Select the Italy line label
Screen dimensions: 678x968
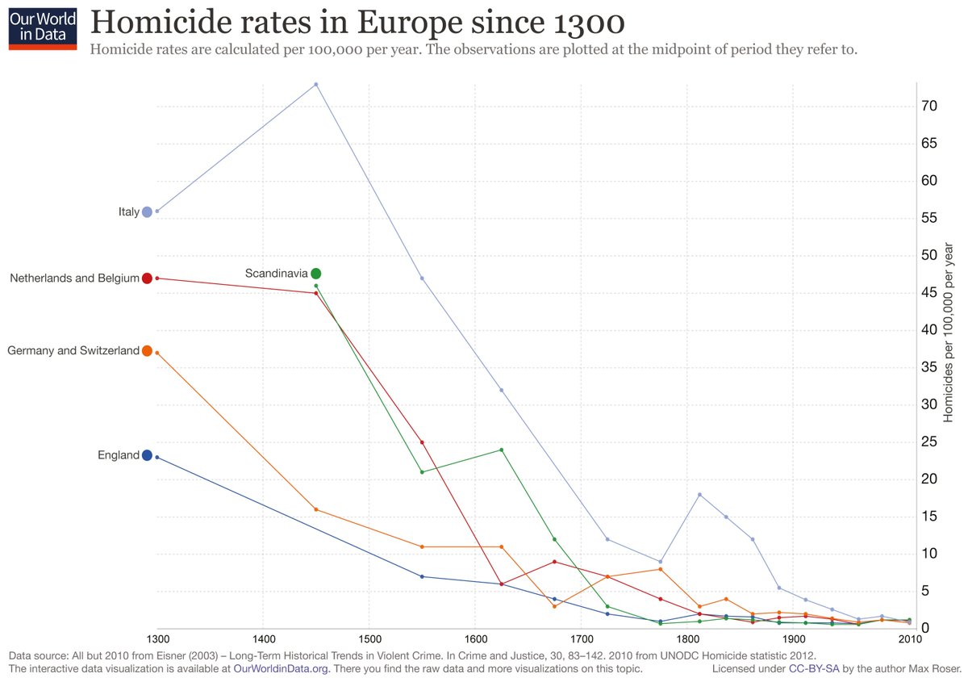tap(128, 212)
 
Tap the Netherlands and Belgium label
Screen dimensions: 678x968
tap(74, 278)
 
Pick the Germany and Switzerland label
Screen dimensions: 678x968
tap(73, 351)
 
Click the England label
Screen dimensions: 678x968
tap(119, 455)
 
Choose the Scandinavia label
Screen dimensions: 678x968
tap(276, 274)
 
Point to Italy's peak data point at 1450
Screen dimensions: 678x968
tap(315, 84)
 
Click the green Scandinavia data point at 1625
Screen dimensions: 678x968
tap(502, 450)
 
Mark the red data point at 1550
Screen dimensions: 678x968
tap(422, 442)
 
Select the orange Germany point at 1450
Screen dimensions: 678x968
tap(315, 509)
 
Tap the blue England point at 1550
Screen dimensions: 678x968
tap(422, 576)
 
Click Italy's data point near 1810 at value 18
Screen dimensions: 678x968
tap(699, 494)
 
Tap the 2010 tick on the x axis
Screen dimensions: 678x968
tap(910, 638)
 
